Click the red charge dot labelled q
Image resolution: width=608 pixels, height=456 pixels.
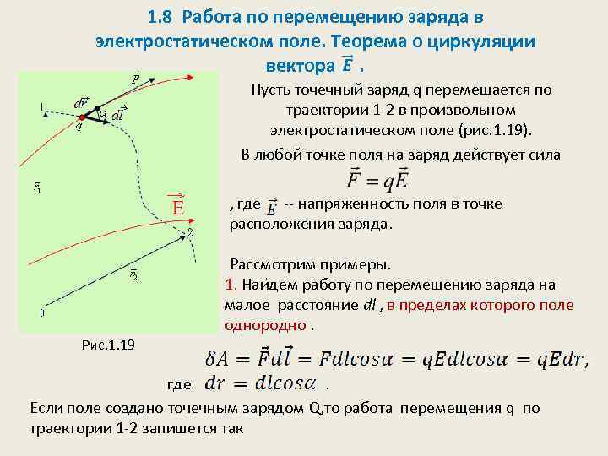click(82, 117)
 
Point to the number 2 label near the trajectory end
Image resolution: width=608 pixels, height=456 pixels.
click(190, 231)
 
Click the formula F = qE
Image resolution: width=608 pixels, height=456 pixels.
click(378, 180)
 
